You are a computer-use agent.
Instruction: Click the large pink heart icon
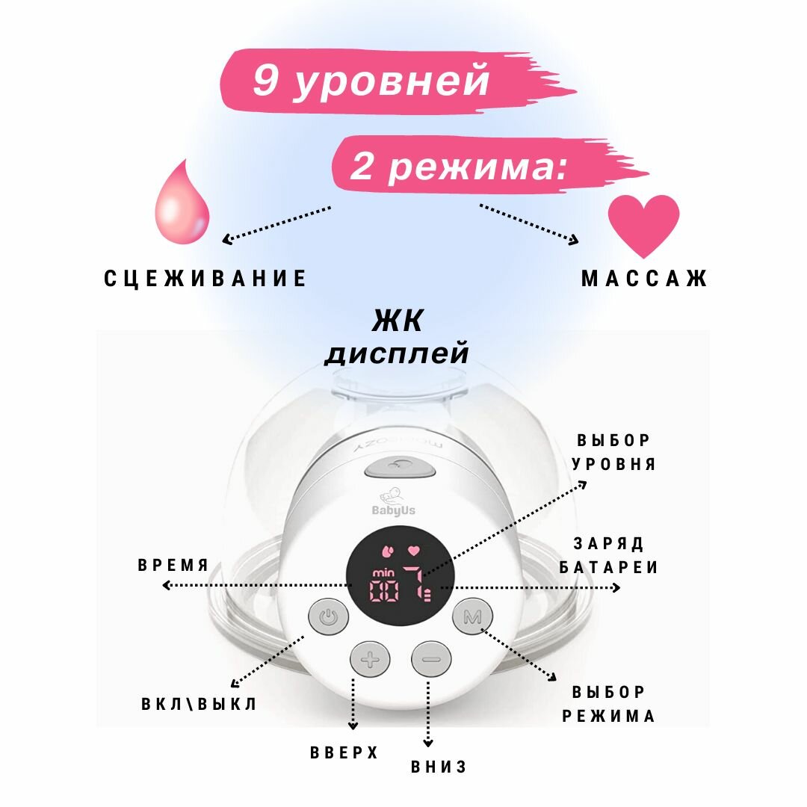643,224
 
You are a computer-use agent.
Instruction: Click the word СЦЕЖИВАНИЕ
205,279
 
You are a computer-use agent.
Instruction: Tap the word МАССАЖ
644,279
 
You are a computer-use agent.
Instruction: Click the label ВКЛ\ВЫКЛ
199,704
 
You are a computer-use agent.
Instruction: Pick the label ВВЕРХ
344,752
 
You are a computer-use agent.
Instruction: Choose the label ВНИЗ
439,767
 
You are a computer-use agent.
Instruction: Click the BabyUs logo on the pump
393,505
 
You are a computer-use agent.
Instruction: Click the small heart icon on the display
412,551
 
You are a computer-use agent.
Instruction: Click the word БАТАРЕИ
615,568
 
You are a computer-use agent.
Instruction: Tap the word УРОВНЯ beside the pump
613,464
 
